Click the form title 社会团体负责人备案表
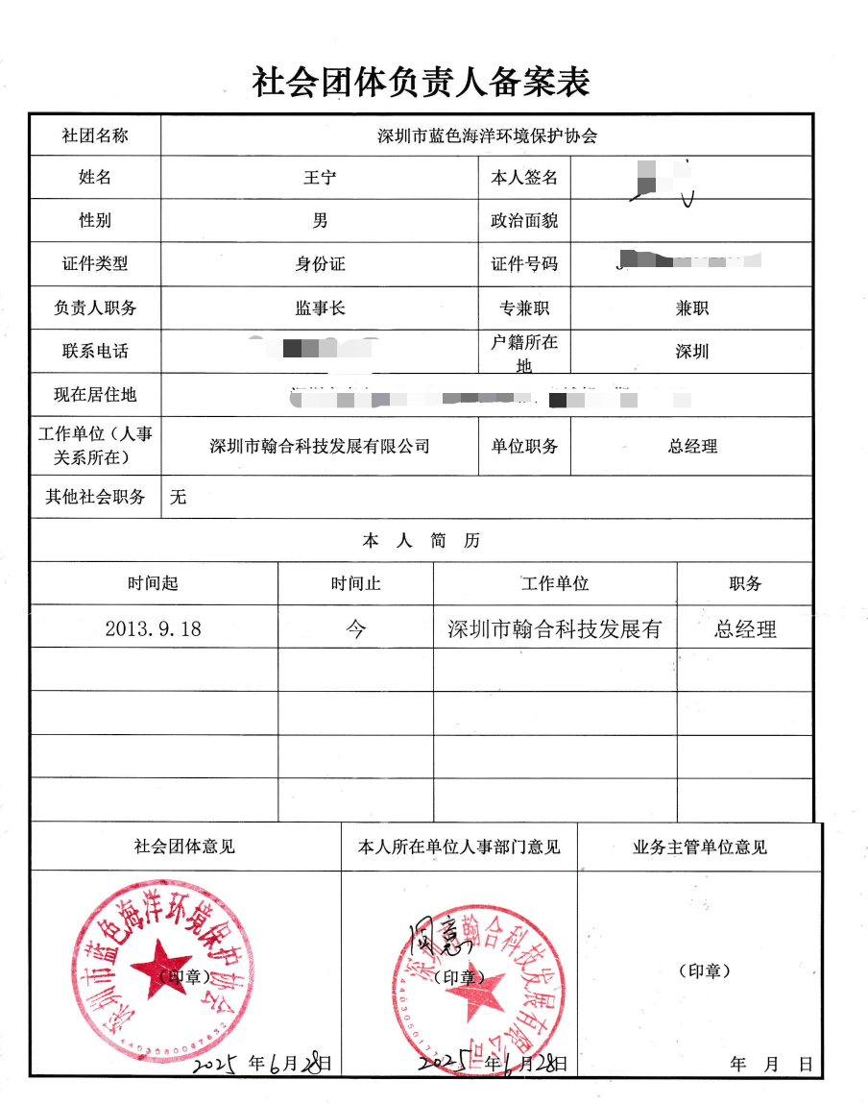[421, 83]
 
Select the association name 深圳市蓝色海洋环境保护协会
[487, 136]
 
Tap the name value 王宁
[320, 179]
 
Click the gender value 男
[320, 221]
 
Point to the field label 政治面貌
[524, 221]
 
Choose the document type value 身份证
[320, 264]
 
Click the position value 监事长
[320, 308]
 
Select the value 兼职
[691, 308]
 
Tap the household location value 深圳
[691, 352]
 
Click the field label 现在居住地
[95, 394]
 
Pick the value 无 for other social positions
[178, 497]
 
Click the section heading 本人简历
[421, 541]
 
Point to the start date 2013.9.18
[154, 629]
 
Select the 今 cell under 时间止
[355, 629]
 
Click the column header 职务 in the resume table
[745, 583]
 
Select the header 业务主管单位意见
[699, 847]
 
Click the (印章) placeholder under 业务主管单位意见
[704, 971]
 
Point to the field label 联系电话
[95, 352]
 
